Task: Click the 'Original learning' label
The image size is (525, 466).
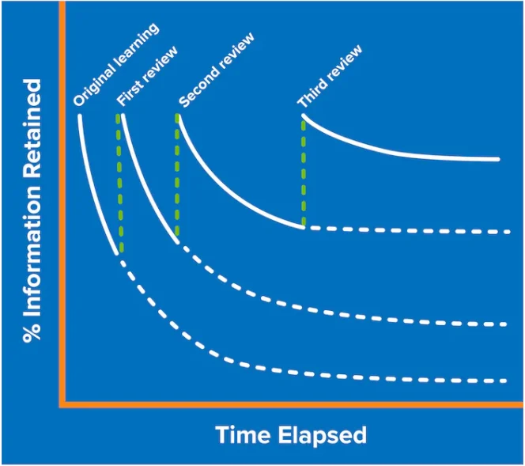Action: pyautogui.click(x=116, y=65)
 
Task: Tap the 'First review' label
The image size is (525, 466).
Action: pyautogui.click(x=147, y=76)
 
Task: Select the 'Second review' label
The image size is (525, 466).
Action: pyautogui.click(x=217, y=70)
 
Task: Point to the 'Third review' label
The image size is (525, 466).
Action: pyautogui.click(x=330, y=77)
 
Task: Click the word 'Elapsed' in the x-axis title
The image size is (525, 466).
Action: pyautogui.click(x=323, y=435)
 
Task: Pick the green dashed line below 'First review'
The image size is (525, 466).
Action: pyautogui.click(x=119, y=184)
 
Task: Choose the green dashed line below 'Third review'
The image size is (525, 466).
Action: pyautogui.click(x=304, y=172)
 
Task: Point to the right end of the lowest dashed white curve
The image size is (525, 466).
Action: pyautogui.click(x=506, y=381)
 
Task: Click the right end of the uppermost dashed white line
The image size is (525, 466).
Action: pyautogui.click(x=509, y=232)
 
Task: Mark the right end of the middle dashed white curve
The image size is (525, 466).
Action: pyautogui.click(x=506, y=324)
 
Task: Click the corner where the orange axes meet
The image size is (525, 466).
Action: pyautogui.click(x=62, y=404)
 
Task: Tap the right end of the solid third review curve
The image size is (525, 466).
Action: pyautogui.click(x=498, y=160)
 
